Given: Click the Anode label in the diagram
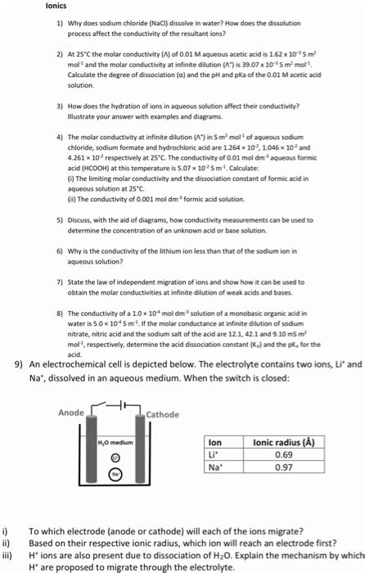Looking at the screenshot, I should (x=70, y=412).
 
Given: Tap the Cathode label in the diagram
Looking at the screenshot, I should (x=163, y=414).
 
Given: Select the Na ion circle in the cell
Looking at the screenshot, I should (x=115, y=472).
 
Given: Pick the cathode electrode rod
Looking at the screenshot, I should (x=140, y=458).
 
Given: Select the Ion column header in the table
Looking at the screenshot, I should (x=216, y=442).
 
